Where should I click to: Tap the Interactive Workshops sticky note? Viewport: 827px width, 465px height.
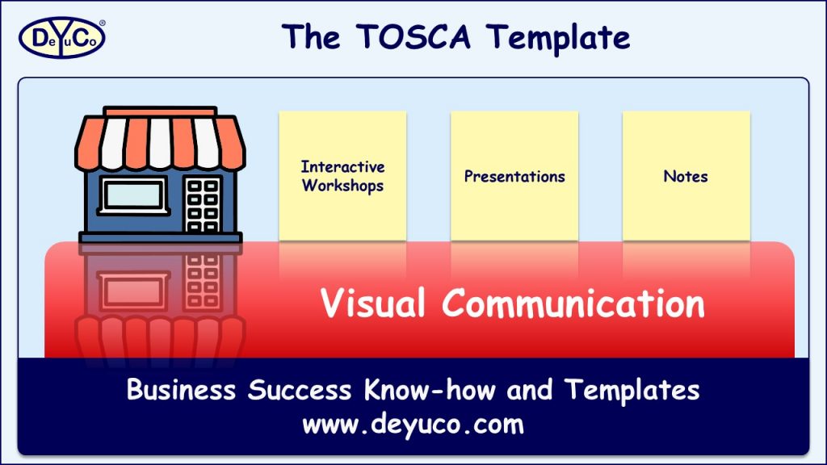coord(342,176)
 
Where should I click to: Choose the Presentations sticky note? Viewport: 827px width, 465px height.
coord(514,176)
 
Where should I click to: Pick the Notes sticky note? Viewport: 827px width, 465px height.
coord(686,176)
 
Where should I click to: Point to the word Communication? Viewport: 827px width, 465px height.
coord(573,304)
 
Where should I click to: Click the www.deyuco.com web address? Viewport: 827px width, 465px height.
coord(413,423)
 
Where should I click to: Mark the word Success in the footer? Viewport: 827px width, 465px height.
coord(300,391)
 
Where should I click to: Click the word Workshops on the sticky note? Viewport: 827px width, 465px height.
coord(342,186)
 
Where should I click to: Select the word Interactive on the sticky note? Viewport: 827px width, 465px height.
coord(342,167)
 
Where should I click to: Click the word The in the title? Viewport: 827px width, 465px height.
coord(311,37)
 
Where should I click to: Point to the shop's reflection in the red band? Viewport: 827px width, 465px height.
coord(160,299)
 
